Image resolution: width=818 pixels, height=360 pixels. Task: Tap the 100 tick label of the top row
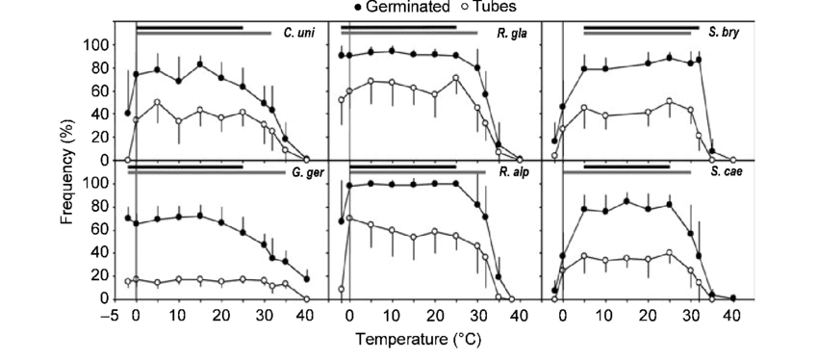96,44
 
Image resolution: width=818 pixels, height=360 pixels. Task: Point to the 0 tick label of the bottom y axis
106,298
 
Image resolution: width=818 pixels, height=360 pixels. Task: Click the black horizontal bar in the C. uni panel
189,27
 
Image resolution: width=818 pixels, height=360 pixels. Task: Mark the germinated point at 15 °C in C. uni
200,64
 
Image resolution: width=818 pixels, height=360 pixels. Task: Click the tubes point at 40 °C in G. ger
307,298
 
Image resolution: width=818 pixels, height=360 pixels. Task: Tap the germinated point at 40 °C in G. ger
307,278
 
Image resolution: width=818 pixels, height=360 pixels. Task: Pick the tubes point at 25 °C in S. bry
670,101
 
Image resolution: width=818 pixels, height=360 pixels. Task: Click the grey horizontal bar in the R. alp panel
414,172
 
